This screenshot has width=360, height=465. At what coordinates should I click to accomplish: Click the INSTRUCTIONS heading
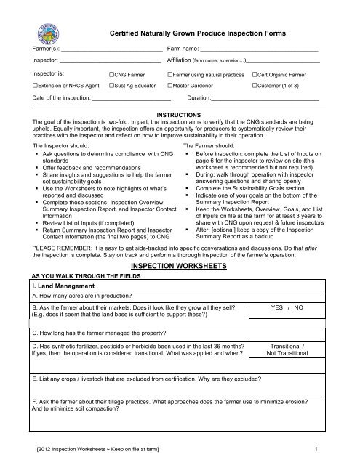point(179,116)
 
